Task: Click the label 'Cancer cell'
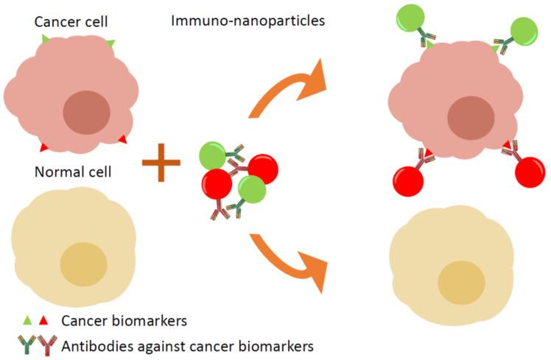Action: (71, 22)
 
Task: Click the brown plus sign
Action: (161, 163)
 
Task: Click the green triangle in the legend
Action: (27, 320)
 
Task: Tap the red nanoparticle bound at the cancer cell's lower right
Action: (530, 172)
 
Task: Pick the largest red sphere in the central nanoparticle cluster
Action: (217, 184)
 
